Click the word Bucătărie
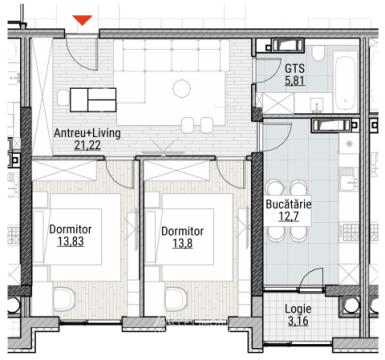pos(289,204)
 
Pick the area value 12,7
pos(289,217)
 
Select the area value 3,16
pos(298,321)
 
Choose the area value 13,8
pos(181,243)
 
